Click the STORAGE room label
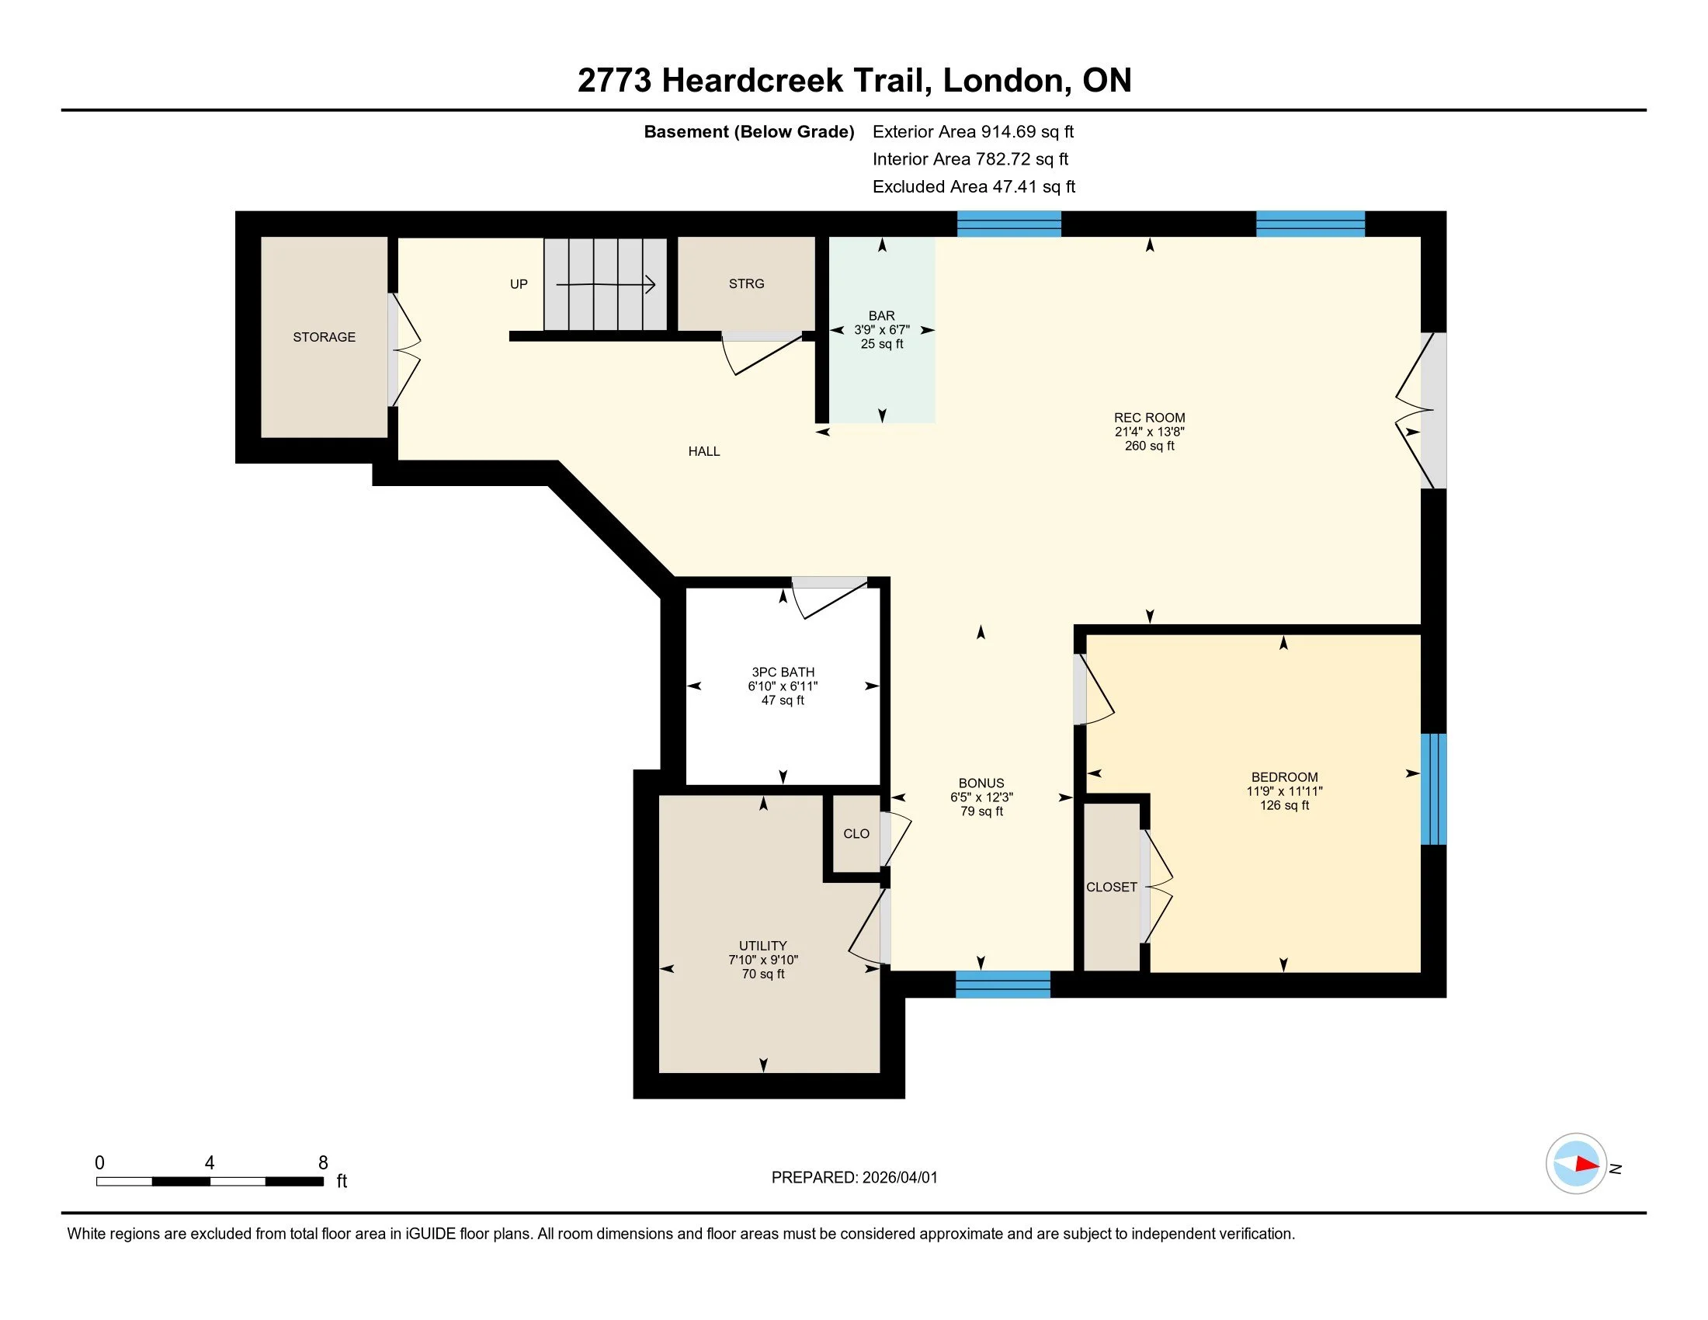click(x=324, y=337)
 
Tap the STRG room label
click(x=746, y=284)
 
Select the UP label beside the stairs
click(x=519, y=284)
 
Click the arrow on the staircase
click(x=606, y=285)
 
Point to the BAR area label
click(x=881, y=316)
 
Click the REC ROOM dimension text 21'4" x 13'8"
click(x=1149, y=432)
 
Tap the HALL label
click(x=704, y=451)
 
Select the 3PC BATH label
click(x=783, y=672)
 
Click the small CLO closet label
click(x=856, y=834)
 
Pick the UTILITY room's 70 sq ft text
click(x=762, y=974)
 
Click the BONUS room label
click(x=981, y=783)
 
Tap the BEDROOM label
click(x=1284, y=776)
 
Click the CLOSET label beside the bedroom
click(x=1111, y=887)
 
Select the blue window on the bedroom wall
click(x=1432, y=789)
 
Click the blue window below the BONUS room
click(x=1002, y=984)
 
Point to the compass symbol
click(x=1576, y=1164)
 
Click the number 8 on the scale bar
click(x=323, y=1162)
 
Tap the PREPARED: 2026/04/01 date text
click(x=854, y=1177)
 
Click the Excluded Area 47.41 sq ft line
click(x=974, y=187)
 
